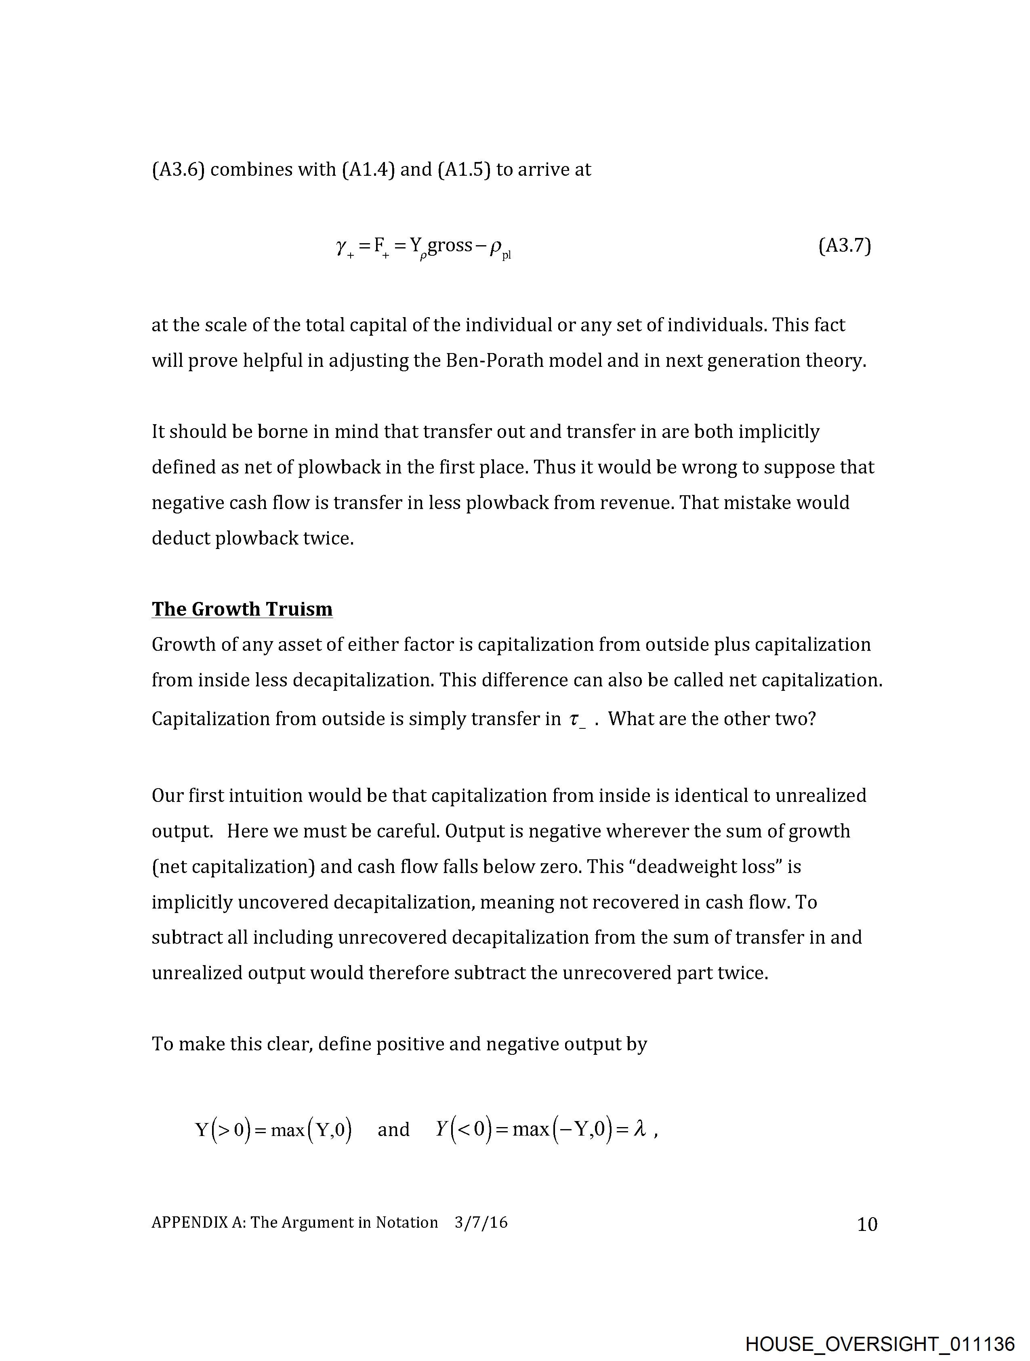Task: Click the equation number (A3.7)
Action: [844, 246]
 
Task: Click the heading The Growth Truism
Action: [242, 609]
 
